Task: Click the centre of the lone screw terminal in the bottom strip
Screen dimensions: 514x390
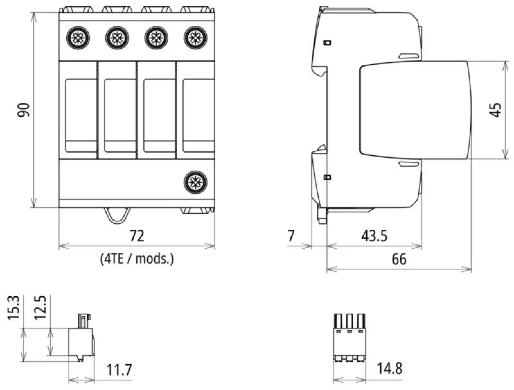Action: (195, 182)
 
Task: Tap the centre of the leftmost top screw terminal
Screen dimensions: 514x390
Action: (78, 38)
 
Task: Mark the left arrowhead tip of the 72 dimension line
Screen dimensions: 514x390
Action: (59, 246)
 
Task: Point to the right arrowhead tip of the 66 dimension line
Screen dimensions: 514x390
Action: (471, 269)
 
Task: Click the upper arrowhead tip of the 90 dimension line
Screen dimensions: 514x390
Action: (34, 13)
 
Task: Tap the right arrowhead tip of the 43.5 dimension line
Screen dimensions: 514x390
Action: (422, 246)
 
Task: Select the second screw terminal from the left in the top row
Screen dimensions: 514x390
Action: (117, 38)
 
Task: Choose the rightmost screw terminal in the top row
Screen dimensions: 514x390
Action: (195, 38)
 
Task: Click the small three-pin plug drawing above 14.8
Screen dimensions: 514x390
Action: (349, 338)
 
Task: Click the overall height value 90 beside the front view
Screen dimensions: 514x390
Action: (23, 110)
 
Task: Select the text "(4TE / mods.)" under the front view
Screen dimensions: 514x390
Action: (137, 259)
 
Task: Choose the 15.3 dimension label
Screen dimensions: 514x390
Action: (14, 308)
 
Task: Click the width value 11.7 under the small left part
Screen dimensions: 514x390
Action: (119, 370)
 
